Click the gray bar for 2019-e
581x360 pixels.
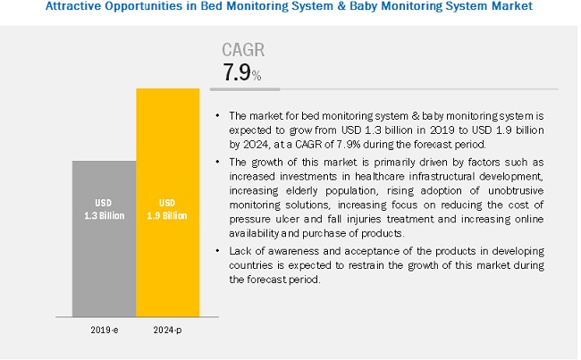pos(104,241)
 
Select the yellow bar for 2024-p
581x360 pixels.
pos(167,205)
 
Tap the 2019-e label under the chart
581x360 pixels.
pos(105,330)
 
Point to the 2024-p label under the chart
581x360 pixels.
pos(167,330)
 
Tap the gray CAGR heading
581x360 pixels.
pos(243,50)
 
